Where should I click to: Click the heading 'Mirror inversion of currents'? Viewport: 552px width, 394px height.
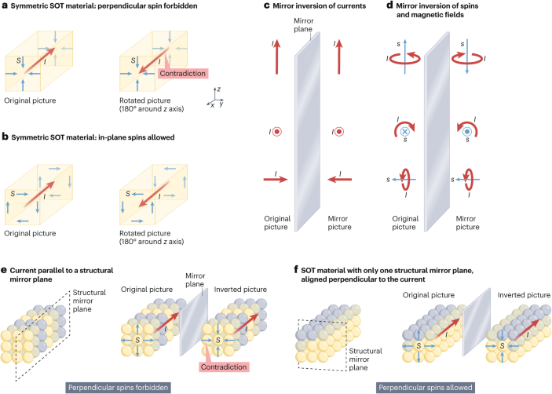[319, 7]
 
